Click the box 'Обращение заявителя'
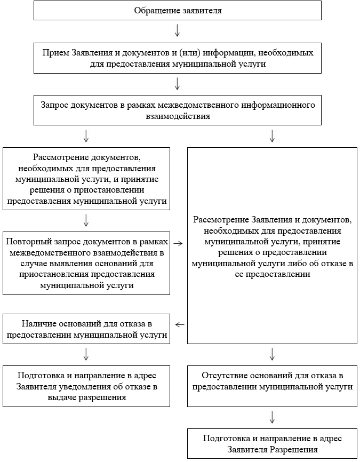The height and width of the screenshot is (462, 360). coord(177,10)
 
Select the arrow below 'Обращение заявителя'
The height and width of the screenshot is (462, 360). coord(177,30)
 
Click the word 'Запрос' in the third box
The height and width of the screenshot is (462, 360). coord(55,105)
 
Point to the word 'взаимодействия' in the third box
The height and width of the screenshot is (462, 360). coord(177,115)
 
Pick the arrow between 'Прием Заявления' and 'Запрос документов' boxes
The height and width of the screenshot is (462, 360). coord(177,83)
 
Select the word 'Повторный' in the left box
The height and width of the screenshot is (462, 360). coord(25,241)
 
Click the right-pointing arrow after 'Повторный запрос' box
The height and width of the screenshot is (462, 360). coord(179,243)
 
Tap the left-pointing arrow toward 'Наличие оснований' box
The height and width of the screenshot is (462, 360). coord(180,324)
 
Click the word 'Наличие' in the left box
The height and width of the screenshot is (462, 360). coord(37,324)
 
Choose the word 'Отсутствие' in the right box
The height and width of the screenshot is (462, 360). coord(223,375)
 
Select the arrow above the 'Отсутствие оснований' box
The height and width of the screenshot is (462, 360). coord(272,354)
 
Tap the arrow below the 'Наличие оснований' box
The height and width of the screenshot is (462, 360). coord(86,354)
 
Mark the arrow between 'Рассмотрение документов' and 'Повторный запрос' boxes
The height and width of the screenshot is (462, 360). coord(86,219)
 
